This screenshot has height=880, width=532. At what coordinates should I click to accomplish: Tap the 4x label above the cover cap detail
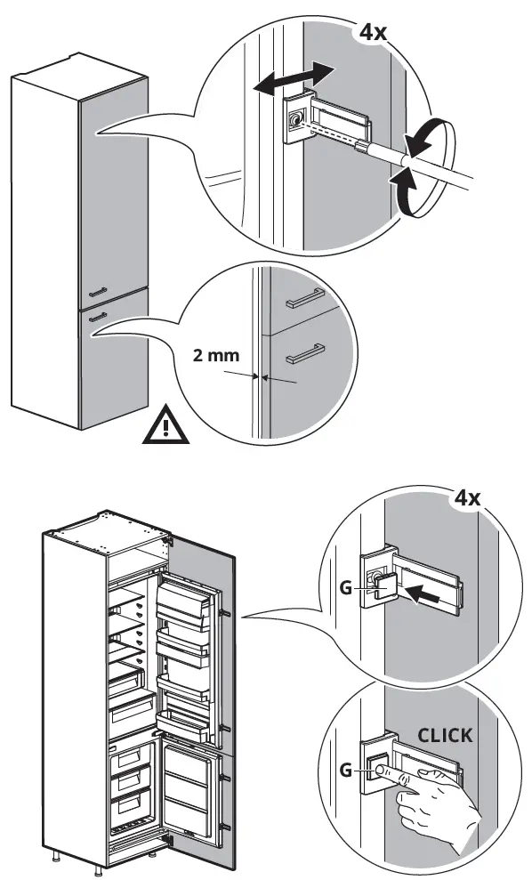point(467,497)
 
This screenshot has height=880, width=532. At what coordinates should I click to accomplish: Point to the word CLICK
point(445,736)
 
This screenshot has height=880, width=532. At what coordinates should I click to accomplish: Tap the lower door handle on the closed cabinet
point(99,314)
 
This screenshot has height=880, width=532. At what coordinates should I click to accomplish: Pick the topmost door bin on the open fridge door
point(186,594)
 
